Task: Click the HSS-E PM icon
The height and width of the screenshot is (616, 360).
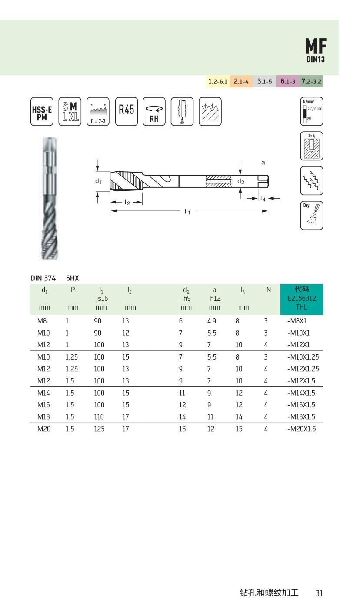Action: (x=42, y=111)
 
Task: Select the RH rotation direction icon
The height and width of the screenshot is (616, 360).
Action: (x=154, y=111)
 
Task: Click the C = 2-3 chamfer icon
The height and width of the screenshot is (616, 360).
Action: (x=98, y=111)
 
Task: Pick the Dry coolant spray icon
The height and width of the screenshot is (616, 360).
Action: (x=311, y=215)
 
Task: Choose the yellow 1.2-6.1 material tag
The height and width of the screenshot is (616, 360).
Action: (x=218, y=81)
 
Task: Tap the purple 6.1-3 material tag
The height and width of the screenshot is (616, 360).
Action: (x=288, y=81)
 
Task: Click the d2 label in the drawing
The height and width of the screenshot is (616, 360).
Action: (x=240, y=181)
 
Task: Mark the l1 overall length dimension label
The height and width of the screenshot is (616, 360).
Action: (x=187, y=211)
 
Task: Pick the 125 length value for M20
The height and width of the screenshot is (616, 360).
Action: (x=100, y=429)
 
